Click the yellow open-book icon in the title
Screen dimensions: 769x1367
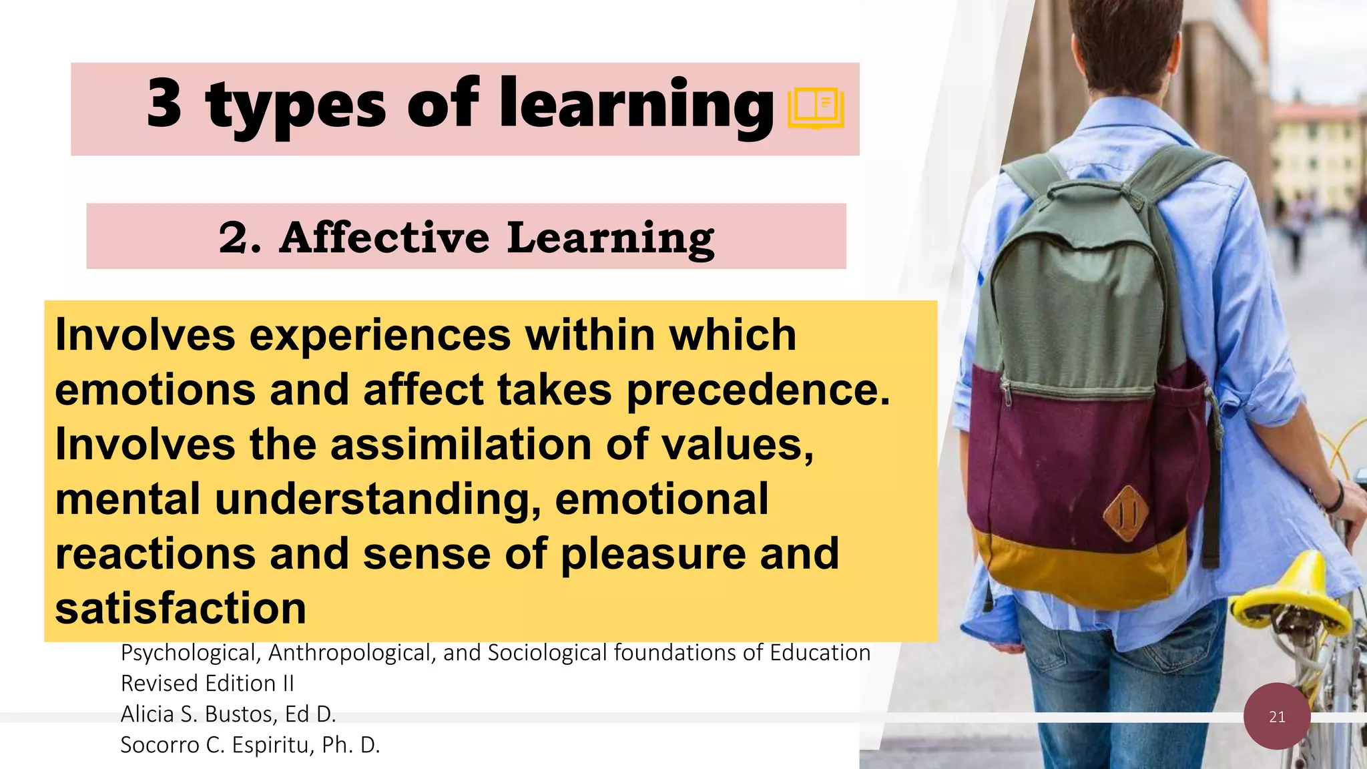pos(816,108)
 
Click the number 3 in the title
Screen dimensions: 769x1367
pos(164,103)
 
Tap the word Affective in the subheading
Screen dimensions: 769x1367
pos(384,238)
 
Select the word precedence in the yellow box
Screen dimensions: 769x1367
pos(758,390)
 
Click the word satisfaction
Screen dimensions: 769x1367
pos(180,609)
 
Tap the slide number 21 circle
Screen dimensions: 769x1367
pos(1277,716)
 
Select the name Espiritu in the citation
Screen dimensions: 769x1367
pos(273,745)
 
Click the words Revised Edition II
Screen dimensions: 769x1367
pos(207,684)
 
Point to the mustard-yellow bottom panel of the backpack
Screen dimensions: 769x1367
pos(1081,567)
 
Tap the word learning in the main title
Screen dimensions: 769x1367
pos(637,105)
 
